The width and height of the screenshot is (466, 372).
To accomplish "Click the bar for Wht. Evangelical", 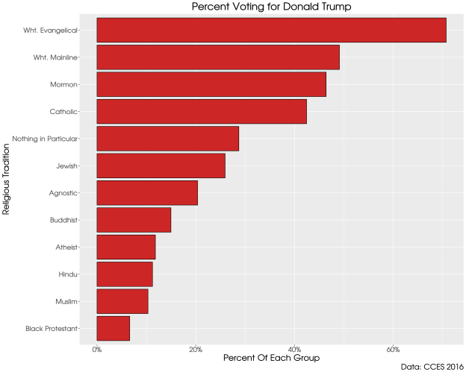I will coord(271,31).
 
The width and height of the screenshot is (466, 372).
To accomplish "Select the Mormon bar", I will coord(211,85).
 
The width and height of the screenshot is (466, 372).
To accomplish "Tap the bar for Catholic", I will coord(202,112).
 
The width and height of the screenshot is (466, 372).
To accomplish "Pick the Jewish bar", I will coord(161,166).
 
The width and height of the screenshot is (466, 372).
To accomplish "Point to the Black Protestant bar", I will coord(114,329).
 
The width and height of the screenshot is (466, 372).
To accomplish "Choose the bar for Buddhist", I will coord(134,221).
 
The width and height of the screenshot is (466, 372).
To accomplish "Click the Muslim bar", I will coord(122,302).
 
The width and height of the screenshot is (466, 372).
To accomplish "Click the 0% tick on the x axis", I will coord(97,349).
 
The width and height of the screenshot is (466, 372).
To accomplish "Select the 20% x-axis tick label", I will coord(196,349).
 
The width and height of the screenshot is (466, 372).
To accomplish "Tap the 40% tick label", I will coord(294,349).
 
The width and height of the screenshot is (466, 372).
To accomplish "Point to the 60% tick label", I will coord(394,349).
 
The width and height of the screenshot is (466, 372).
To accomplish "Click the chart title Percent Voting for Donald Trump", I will coord(271,7).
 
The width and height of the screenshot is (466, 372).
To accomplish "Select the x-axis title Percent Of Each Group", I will coord(271,359).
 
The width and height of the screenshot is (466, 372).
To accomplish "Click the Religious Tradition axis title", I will coord(7,180).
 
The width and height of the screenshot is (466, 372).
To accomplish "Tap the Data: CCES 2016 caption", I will coord(432,366).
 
